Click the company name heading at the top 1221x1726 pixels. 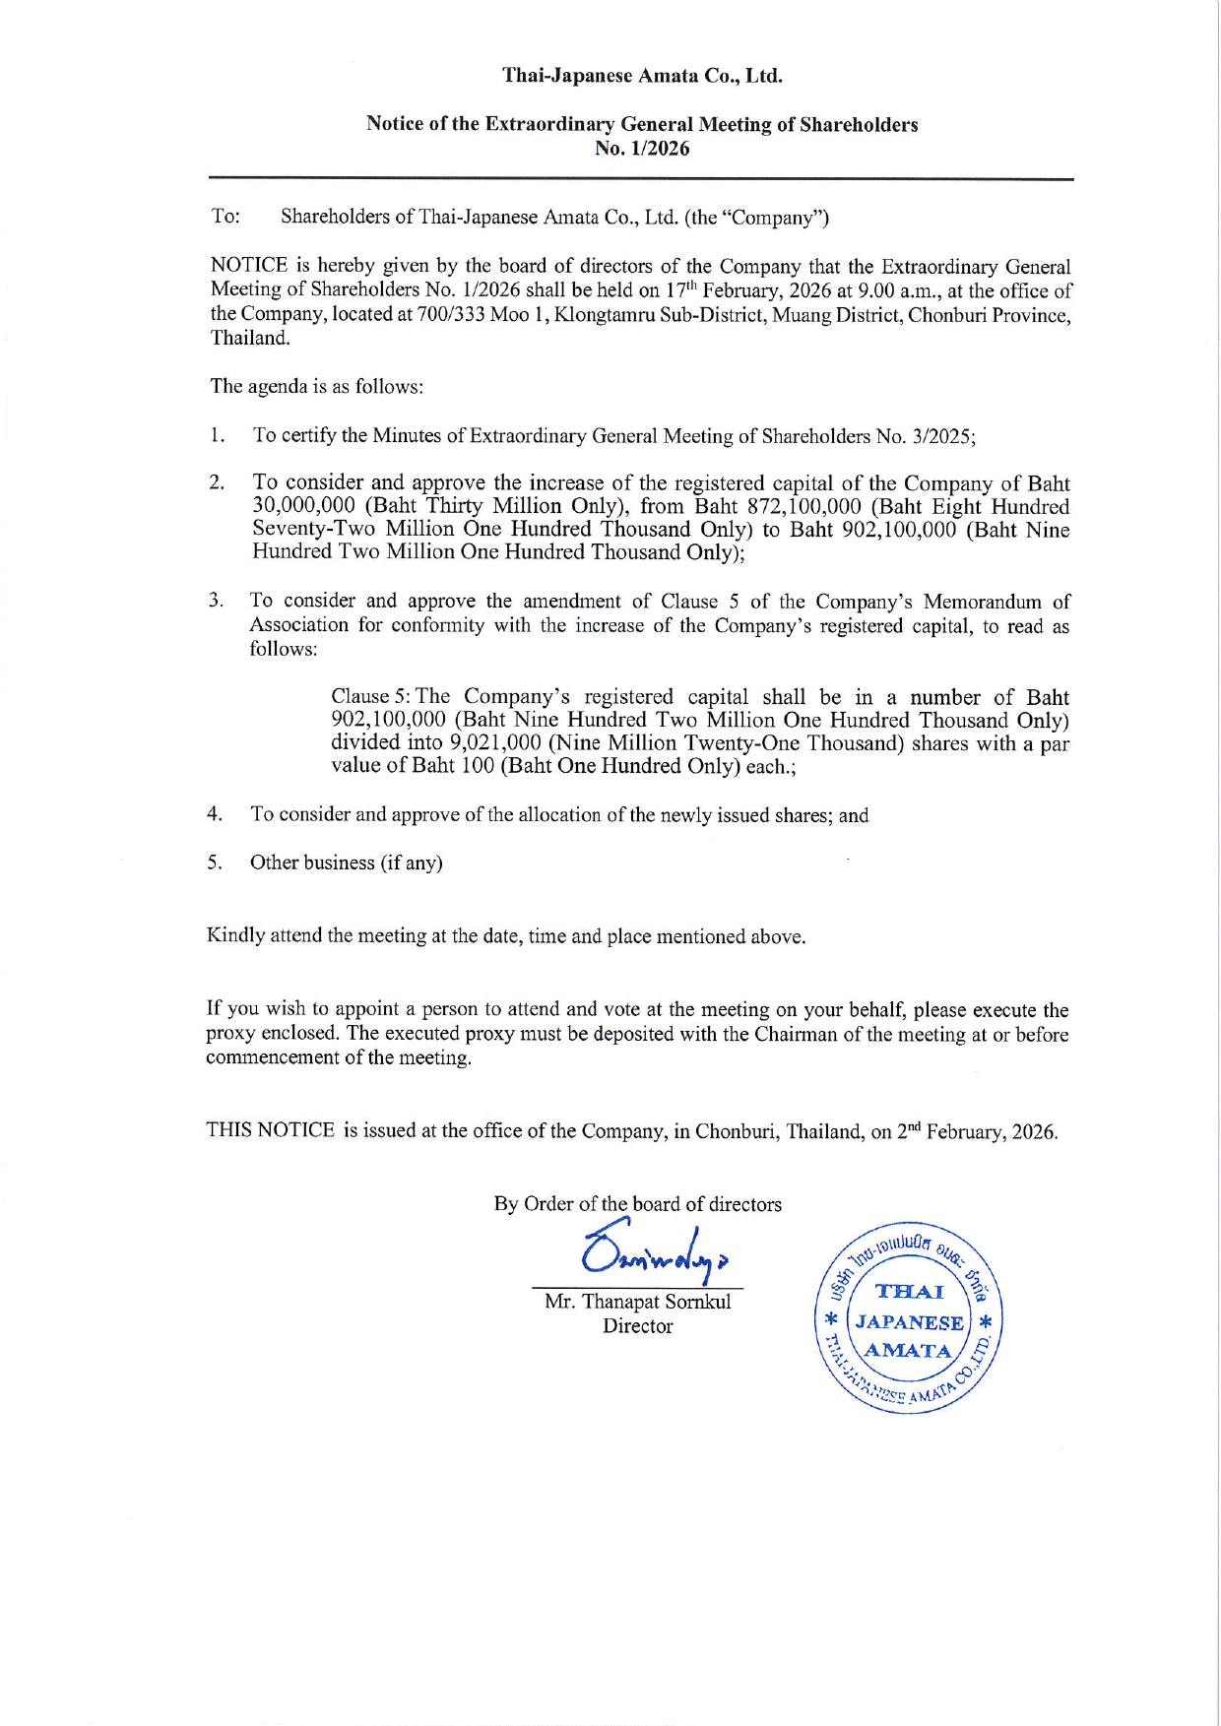pyautogui.click(x=642, y=76)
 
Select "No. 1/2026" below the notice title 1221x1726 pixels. pyautogui.click(x=642, y=149)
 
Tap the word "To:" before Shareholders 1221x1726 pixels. pyautogui.click(x=225, y=217)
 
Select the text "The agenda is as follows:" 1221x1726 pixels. pyautogui.click(x=317, y=386)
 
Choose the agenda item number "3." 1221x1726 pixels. pyautogui.click(x=216, y=601)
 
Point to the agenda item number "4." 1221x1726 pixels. pyautogui.click(x=215, y=814)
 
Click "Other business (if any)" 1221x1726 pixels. pyautogui.click(x=347, y=863)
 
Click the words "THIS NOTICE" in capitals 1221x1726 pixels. pyautogui.click(x=271, y=1130)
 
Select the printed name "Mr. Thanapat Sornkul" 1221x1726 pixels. pyautogui.click(x=638, y=1302)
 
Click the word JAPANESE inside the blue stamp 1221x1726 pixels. pyautogui.click(x=908, y=1322)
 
